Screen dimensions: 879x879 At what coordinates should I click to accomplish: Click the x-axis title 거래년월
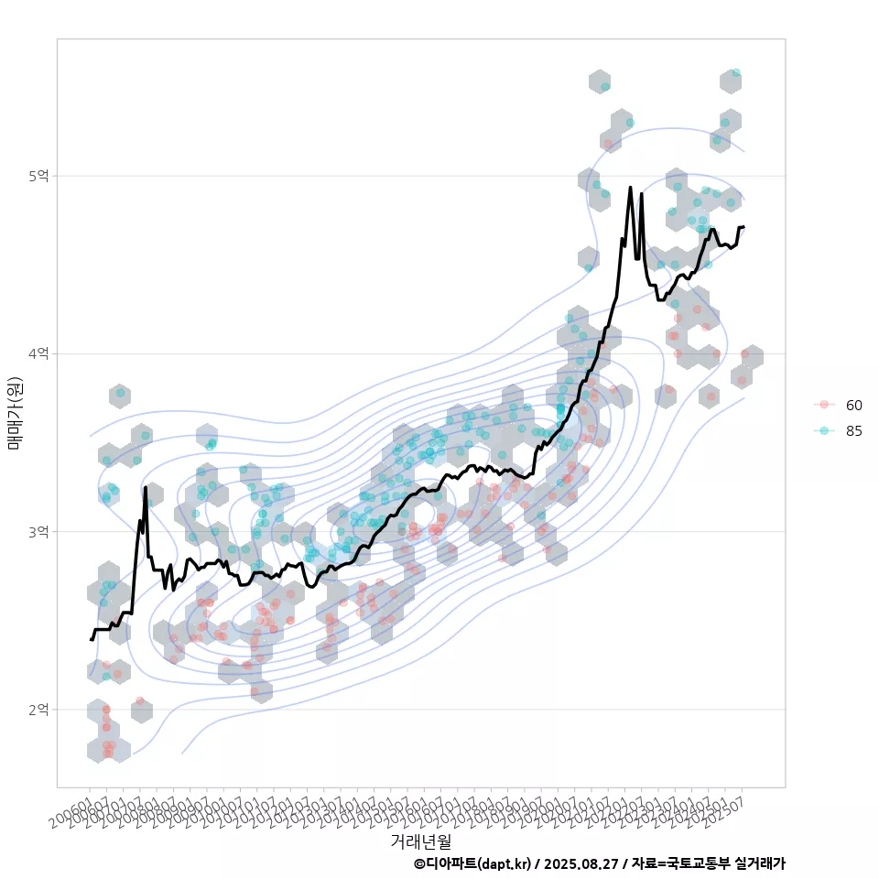pos(420,841)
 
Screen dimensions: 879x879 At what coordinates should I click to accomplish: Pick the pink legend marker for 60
pos(824,405)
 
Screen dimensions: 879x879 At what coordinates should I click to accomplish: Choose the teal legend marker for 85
pos(824,431)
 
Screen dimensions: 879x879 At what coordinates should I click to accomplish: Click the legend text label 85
pos(854,431)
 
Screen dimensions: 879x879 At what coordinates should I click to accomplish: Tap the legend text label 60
pos(854,405)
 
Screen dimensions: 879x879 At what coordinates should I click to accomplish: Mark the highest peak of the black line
pos(630,188)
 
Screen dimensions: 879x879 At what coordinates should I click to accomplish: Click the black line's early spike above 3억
pos(146,488)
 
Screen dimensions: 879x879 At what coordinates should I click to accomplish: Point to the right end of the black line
pos(743,226)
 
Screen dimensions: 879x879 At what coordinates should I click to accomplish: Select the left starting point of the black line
pos(91,639)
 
